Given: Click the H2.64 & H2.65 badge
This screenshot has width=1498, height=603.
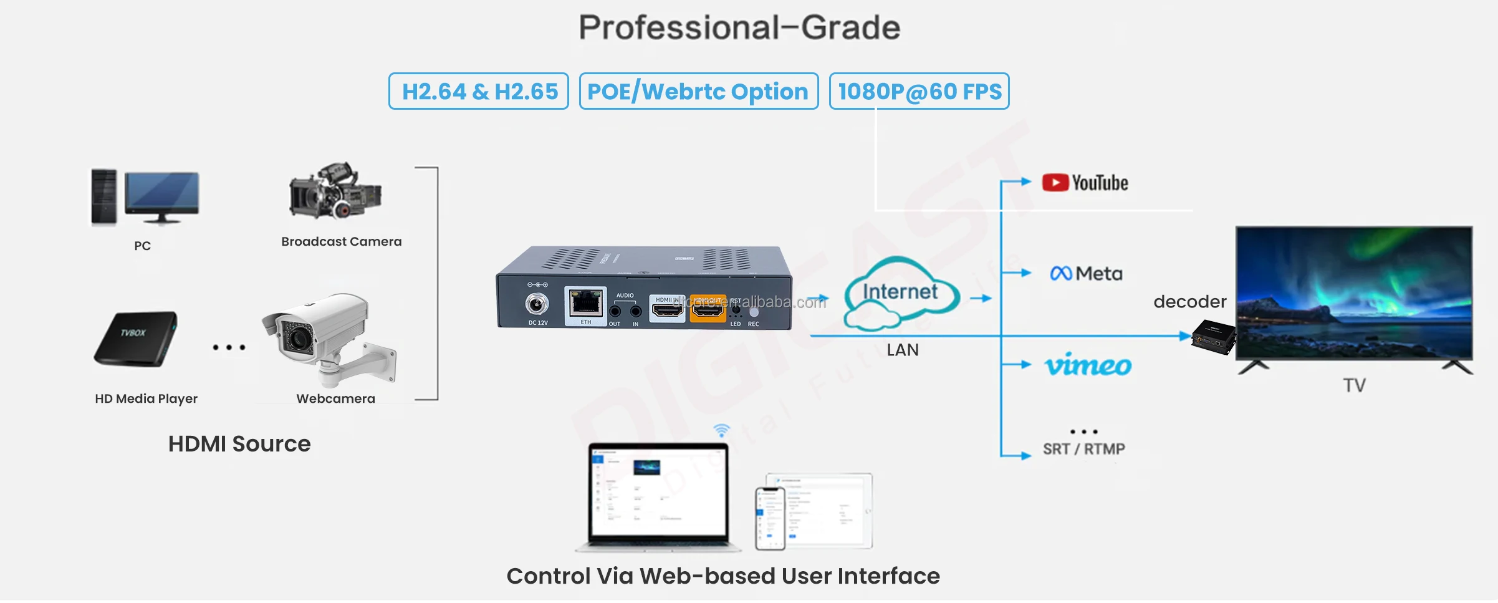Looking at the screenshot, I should click(478, 92).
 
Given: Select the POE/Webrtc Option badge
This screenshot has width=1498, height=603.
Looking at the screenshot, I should click(698, 92).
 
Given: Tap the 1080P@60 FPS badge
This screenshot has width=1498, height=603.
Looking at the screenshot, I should click(919, 92).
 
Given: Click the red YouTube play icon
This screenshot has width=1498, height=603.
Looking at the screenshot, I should click(1055, 183).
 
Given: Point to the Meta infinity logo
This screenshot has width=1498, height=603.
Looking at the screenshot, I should click(1060, 274).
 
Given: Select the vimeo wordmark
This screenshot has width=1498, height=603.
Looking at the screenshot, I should click(1088, 365).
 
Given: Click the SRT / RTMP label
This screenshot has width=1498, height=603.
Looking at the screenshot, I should click(1083, 449).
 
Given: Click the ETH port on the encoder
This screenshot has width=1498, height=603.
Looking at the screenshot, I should click(585, 304).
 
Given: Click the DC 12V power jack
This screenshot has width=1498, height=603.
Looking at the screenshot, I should click(537, 304).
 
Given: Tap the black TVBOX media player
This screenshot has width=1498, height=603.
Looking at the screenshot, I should click(135, 338).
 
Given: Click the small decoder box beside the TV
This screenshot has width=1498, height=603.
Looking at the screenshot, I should click(1212, 337).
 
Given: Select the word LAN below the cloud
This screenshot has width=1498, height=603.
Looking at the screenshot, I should click(902, 350).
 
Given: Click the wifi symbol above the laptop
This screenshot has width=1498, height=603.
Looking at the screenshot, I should click(721, 430).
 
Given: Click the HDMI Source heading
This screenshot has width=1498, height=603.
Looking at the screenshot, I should click(239, 444).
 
